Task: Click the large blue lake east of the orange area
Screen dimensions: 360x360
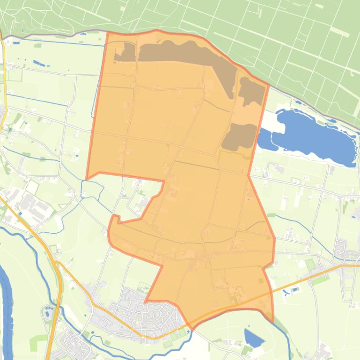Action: (x=314, y=136)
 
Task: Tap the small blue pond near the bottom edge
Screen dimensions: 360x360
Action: (x=253, y=338)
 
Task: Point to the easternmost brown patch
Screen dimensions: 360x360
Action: (x=253, y=91)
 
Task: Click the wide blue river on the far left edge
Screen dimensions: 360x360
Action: (x=6, y=304)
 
